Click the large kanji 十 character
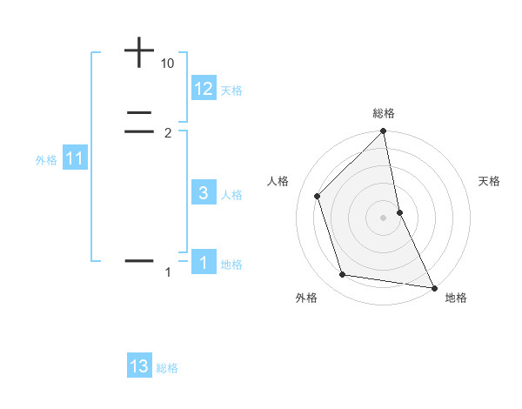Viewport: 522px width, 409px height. (139, 52)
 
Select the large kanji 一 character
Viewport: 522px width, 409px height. (139, 260)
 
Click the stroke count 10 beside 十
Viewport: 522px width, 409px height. (168, 64)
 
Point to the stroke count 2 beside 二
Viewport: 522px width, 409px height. (168, 133)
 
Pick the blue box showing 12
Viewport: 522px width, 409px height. (204, 89)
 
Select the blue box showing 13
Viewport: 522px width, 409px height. (139, 366)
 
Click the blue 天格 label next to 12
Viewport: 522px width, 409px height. (231, 91)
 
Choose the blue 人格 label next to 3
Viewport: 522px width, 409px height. (231, 195)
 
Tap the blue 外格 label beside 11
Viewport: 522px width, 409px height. (45, 160)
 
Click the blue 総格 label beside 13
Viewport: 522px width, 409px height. (167, 368)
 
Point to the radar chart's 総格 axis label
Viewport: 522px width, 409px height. (384, 113)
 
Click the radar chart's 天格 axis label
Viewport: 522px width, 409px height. (490, 181)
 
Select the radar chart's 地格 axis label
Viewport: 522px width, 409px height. (456, 298)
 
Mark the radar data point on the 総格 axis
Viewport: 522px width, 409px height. (384, 132)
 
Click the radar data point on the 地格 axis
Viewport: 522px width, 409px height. (433, 287)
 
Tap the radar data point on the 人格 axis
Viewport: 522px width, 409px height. (318, 196)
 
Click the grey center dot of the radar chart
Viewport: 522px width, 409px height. (384, 218)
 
